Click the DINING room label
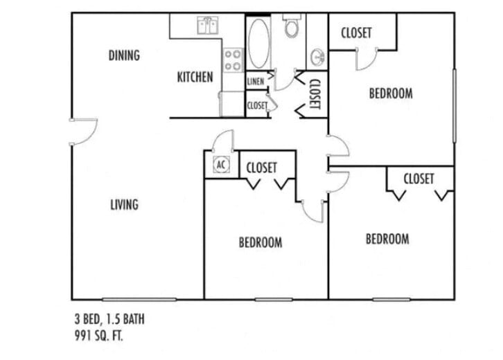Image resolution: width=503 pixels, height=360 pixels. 124,55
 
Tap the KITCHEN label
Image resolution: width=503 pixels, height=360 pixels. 195,77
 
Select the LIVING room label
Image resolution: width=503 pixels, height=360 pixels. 124,204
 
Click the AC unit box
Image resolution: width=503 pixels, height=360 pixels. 222,165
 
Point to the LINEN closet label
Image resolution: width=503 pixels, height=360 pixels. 255,82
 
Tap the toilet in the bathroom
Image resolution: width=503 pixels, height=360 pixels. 291,27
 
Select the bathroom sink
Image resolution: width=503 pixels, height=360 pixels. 317,55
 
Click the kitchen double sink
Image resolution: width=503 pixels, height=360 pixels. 208,26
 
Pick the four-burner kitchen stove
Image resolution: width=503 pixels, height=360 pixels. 233,60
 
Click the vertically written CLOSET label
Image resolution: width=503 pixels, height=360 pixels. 314,94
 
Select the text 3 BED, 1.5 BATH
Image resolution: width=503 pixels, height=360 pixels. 109,320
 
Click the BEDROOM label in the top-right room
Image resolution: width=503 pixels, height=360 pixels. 391,93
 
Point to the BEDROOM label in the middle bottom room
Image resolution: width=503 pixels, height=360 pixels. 261,242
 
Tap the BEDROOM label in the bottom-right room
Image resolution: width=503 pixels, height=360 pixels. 387,239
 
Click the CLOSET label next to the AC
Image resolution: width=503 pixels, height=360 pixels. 262,168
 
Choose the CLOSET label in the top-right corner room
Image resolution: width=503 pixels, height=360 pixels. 356,33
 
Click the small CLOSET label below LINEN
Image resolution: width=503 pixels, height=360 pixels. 257,106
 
